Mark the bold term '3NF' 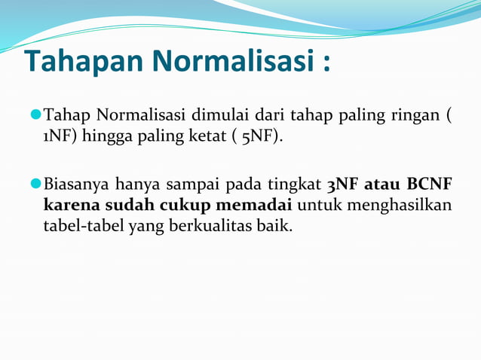[343, 184]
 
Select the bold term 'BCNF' [432, 184]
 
